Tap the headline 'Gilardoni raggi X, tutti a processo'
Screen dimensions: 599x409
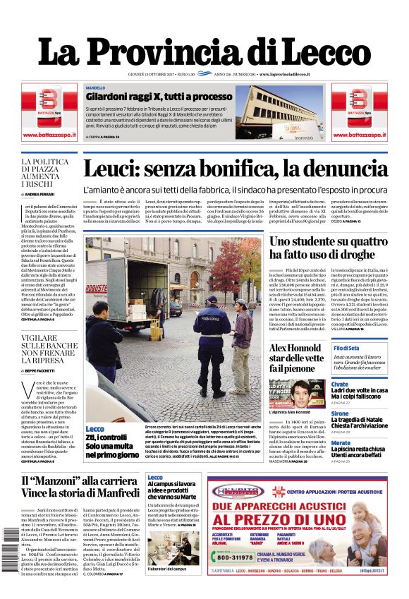point(159,96)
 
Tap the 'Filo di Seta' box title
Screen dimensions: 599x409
point(346,349)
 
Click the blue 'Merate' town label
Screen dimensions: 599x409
point(341,442)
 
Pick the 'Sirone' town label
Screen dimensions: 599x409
point(340,413)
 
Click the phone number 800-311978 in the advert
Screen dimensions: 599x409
point(235,557)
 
